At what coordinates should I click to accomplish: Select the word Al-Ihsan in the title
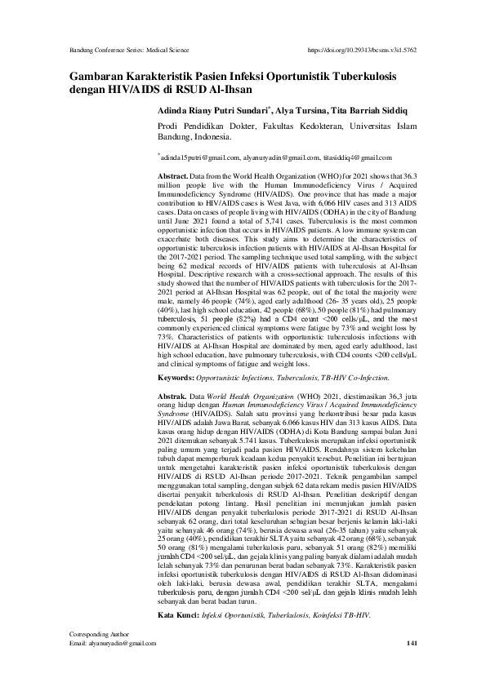point(230,89)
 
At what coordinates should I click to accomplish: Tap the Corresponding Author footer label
point(91,657)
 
